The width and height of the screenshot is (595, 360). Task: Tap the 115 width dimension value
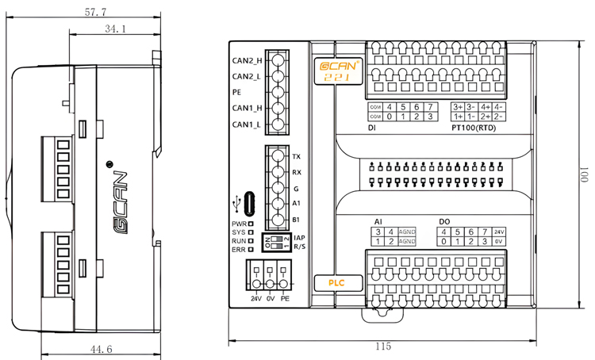(x=384, y=347)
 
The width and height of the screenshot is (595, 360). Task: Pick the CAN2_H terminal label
(x=247, y=60)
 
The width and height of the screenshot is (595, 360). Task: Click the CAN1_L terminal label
(x=247, y=125)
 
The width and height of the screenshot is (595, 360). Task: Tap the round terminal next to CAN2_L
(x=277, y=76)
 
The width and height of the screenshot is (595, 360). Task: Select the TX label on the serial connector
(x=297, y=157)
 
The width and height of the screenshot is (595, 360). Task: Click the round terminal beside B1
(x=278, y=219)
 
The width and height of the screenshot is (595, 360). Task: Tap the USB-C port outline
(x=250, y=204)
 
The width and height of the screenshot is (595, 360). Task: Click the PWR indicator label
(x=238, y=224)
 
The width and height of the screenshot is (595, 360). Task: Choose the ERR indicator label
(x=238, y=250)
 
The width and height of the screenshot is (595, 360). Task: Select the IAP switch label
(x=299, y=237)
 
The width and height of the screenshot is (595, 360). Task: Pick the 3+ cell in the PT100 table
(x=458, y=106)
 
